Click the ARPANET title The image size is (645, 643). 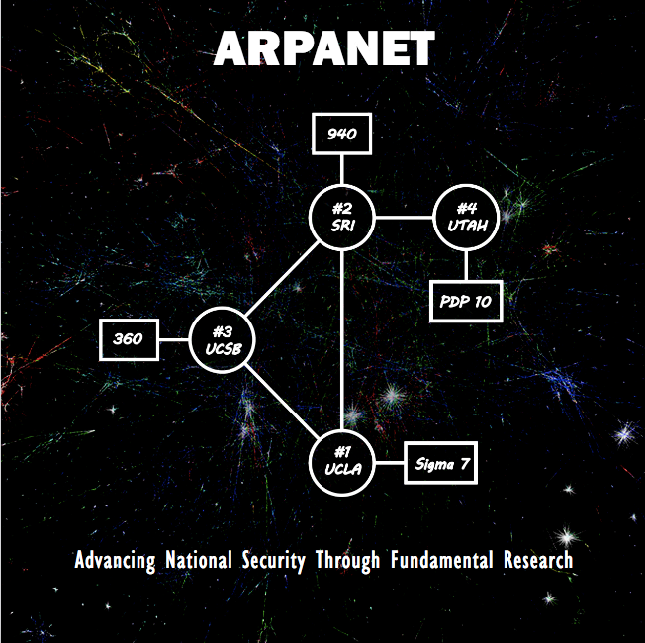click(x=323, y=48)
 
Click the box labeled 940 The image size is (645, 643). click(x=341, y=134)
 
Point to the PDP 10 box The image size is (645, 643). click(x=466, y=301)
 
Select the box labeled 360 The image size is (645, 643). click(x=129, y=340)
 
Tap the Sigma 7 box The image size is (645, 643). click(x=441, y=463)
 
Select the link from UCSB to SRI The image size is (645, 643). click(x=282, y=279)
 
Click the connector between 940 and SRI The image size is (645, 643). click(x=342, y=170)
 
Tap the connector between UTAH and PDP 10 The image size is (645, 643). click(x=467, y=265)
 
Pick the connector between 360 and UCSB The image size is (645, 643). click(x=173, y=340)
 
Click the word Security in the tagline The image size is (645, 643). click(x=275, y=561)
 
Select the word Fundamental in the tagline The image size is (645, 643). click(x=442, y=561)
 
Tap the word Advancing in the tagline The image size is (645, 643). click(x=115, y=561)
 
